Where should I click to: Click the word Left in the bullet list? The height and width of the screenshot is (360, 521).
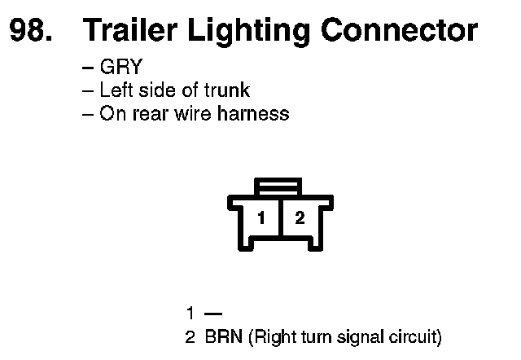pyautogui.click(x=115, y=90)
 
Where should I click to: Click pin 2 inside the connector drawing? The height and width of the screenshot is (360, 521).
pyautogui.click(x=299, y=218)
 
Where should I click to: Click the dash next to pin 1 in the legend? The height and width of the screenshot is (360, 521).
pyautogui.click(x=213, y=313)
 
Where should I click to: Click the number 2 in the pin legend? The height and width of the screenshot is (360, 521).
pyautogui.click(x=190, y=336)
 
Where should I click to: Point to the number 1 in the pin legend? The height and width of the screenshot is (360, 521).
pyautogui.click(x=190, y=313)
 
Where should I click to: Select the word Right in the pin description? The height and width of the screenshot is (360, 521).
pyautogui.click(x=273, y=336)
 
